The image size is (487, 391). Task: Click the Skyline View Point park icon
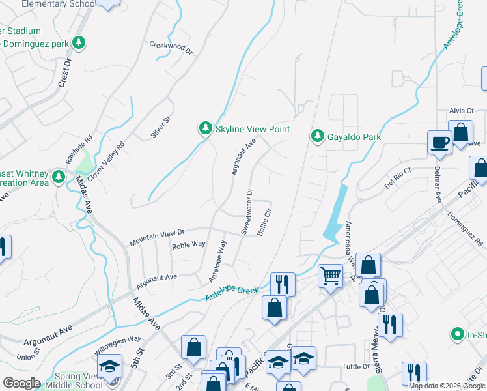[x=206, y=129]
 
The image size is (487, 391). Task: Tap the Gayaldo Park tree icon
[x=317, y=136]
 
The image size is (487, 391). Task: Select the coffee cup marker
[x=439, y=142]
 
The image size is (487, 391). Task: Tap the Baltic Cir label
[x=264, y=222]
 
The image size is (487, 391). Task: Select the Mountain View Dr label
[x=157, y=237]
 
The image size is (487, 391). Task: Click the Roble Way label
[x=189, y=245]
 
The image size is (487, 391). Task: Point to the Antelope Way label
[x=217, y=261]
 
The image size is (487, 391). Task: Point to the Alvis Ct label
[x=461, y=111]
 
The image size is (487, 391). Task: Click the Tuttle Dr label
[x=356, y=367]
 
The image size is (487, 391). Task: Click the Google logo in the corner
[x=21, y=383]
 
